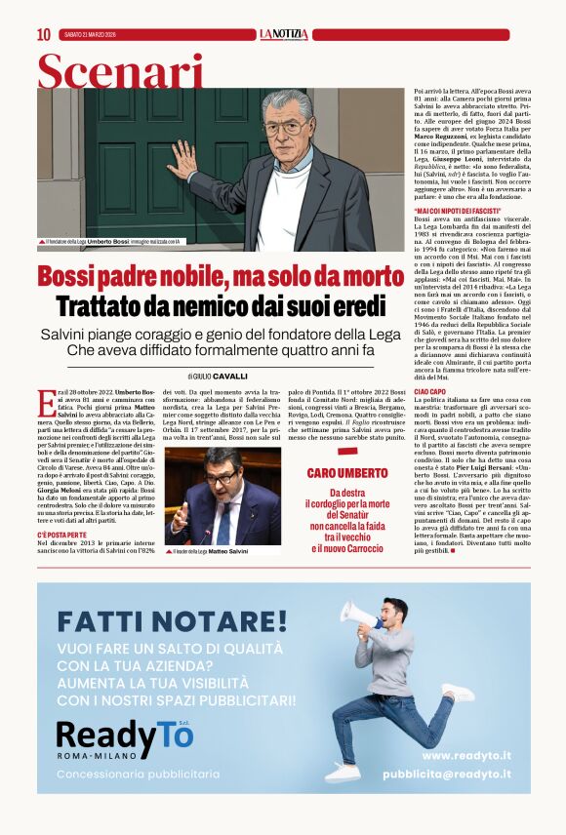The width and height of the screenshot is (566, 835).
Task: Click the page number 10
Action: pos(44,34)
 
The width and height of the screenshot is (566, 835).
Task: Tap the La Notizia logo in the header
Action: pos(283,34)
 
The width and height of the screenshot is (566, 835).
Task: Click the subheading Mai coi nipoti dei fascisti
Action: pos(458,211)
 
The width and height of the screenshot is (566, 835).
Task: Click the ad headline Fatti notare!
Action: pos(172,619)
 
